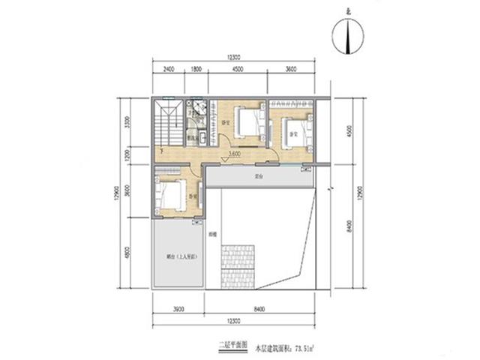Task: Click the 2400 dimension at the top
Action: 168,70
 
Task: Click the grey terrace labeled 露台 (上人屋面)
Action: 178,254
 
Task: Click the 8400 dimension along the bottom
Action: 258,308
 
